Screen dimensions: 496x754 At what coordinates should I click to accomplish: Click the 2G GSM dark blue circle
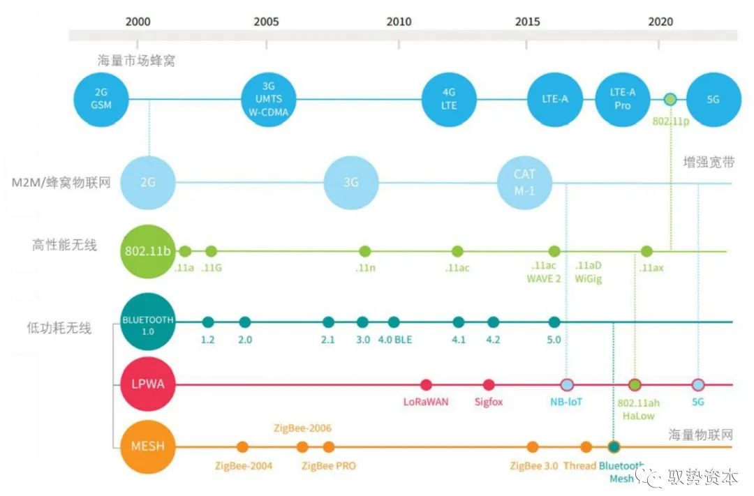click(103, 99)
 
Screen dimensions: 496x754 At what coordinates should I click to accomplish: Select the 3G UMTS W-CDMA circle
click(269, 99)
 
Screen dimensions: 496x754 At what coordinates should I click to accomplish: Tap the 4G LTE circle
click(449, 99)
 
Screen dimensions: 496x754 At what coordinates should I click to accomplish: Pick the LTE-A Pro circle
click(622, 99)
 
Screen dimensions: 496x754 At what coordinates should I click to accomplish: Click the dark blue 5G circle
click(713, 99)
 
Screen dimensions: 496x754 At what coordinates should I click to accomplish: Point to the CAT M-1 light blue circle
click(524, 183)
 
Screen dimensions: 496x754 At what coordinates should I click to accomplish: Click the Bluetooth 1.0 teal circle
click(147, 322)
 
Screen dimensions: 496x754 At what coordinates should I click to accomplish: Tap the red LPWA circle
click(147, 384)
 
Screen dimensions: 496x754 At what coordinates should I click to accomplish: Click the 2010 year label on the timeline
click(399, 22)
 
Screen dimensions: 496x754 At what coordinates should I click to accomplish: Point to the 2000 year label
click(138, 22)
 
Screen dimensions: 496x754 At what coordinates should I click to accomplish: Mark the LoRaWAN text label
click(426, 402)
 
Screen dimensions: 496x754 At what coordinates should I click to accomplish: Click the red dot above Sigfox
click(489, 384)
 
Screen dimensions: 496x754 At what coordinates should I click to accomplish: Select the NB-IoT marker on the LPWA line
click(567, 384)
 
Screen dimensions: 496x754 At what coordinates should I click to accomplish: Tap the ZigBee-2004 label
click(244, 465)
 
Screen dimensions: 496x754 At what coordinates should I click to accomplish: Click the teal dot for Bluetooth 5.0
click(554, 322)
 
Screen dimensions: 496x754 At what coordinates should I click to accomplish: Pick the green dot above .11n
click(364, 251)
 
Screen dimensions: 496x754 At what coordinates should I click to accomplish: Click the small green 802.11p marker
click(670, 99)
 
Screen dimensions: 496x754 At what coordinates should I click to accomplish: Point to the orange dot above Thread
click(586, 447)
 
